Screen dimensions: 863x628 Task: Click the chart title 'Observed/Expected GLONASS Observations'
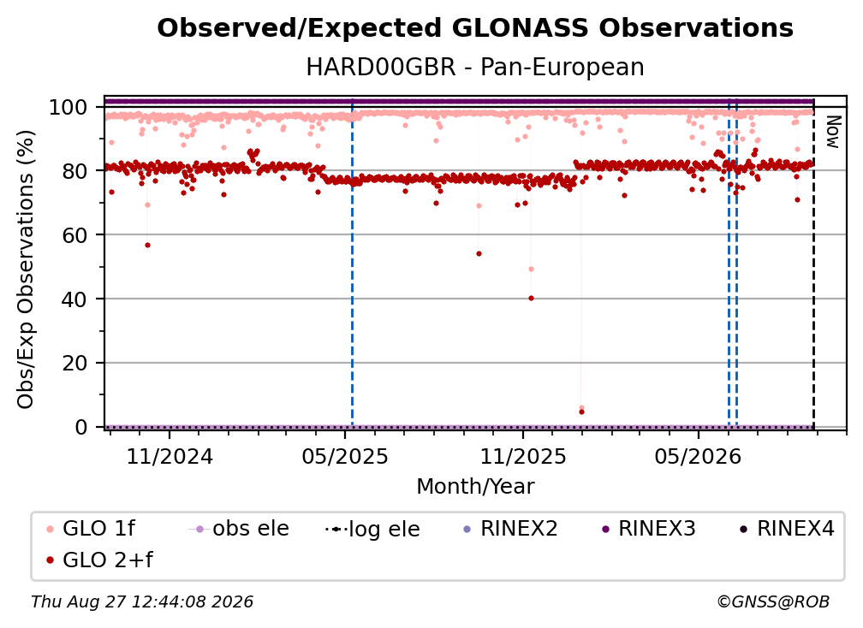pos(475,28)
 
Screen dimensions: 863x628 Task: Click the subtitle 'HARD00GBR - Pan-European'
pos(475,68)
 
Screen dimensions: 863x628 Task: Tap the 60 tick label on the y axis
pos(74,235)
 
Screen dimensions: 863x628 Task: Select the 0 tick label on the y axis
pos(81,427)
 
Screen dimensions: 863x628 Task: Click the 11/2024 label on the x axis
pos(170,457)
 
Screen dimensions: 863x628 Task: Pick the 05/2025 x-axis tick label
pos(345,457)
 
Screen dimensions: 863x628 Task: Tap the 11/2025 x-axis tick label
pos(523,457)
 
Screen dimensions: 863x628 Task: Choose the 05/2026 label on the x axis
pos(699,457)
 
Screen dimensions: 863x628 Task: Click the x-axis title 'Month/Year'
pos(475,487)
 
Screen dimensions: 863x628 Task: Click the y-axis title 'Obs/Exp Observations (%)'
pos(26,270)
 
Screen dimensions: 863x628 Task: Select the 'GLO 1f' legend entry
pos(91,529)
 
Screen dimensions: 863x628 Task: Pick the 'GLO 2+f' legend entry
pos(99,560)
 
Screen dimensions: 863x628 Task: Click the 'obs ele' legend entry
pos(239,529)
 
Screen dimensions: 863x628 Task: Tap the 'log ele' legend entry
pos(372,529)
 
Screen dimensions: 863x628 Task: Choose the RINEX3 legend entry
pos(650,529)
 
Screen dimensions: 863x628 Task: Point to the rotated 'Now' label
pos(833,132)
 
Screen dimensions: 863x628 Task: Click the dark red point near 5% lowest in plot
pos(582,412)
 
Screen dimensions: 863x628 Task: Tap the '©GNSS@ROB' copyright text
pos(773,602)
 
